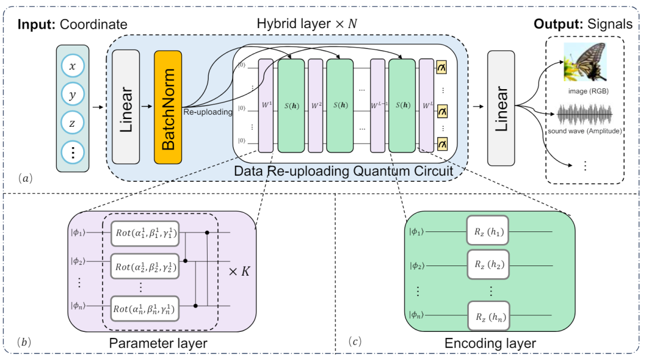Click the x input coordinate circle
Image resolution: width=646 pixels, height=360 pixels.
click(72, 67)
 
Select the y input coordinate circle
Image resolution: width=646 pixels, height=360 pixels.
click(72, 95)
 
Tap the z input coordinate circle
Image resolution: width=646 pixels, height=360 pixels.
click(72, 123)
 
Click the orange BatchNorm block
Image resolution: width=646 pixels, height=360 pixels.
click(167, 108)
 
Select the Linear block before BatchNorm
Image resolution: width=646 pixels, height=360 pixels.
click(126, 108)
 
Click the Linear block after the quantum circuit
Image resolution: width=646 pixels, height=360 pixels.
click(501, 108)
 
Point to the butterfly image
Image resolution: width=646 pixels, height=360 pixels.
click(584, 62)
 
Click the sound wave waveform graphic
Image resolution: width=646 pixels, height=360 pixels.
click(584, 114)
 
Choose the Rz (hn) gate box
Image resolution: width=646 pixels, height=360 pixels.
click(487, 316)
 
